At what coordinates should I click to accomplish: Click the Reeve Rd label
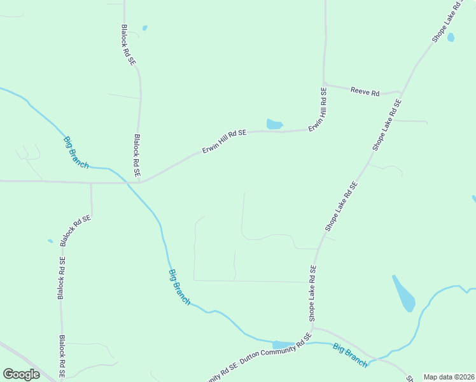365,92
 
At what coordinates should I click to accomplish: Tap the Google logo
21,374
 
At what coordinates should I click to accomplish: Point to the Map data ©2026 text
449,377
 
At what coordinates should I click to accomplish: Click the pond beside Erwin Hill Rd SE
274,124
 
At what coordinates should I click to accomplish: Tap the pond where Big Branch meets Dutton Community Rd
283,344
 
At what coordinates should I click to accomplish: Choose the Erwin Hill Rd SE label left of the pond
224,141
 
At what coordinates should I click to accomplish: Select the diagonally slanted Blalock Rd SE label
76,230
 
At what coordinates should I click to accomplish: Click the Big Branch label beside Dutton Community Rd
350,354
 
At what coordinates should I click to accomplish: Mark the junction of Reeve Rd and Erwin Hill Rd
324,85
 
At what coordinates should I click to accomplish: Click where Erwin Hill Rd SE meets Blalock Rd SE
139,182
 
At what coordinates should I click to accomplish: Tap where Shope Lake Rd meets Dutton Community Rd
313,329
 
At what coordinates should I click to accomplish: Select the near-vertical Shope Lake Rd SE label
312,294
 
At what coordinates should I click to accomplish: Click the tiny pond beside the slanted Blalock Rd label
50,241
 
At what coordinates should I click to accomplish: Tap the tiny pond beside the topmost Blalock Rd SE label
144,28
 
